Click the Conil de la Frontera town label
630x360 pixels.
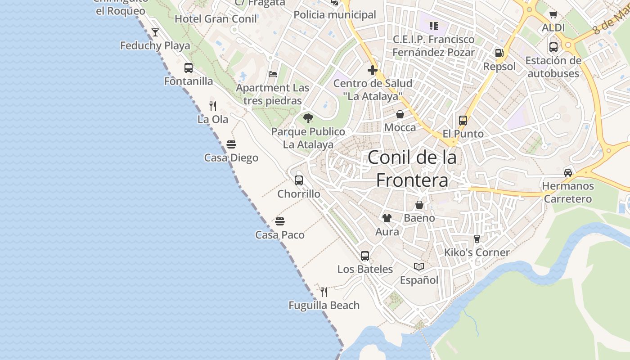click(x=412, y=169)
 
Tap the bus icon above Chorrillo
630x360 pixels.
click(x=299, y=180)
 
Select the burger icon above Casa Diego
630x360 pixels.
click(x=231, y=144)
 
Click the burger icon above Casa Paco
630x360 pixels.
click(x=280, y=221)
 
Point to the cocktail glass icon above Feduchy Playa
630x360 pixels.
click(x=155, y=32)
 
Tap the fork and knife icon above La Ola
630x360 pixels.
click(x=213, y=106)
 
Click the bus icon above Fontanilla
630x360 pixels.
click(x=189, y=68)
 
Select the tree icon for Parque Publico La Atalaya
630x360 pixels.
click(x=308, y=118)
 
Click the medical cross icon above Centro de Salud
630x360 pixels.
click(x=373, y=70)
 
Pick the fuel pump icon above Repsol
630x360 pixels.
click(x=499, y=53)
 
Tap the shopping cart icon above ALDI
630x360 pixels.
click(x=553, y=14)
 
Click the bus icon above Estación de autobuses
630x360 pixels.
click(x=553, y=47)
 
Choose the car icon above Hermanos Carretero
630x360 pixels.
click(x=568, y=173)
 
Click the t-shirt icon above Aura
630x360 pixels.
click(x=387, y=218)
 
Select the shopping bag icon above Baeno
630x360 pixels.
click(x=419, y=205)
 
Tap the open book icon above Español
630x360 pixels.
click(x=419, y=267)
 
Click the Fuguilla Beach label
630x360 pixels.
click(x=324, y=306)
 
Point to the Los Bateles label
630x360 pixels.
click(x=365, y=270)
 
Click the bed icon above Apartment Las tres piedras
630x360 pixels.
click(x=273, y=74)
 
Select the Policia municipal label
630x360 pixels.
click(x=335, y=15)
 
